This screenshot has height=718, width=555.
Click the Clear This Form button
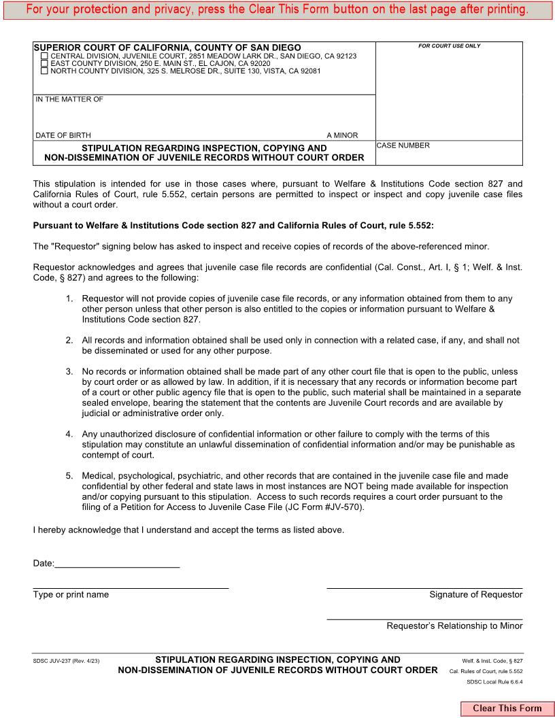[x=507, y=708]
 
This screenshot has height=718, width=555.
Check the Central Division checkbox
[x=45, y=56]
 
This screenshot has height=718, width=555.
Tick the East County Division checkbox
[x=45, y=63]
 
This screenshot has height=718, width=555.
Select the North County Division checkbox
[x=45, y=71]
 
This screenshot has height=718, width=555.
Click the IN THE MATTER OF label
[x=69, y=100]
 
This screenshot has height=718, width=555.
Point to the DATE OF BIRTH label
[x=63, y=135]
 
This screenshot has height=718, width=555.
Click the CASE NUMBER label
[x=403, y=146]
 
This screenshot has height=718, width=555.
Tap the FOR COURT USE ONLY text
[x=449, y=46]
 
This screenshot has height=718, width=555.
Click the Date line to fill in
[x=117, y=562]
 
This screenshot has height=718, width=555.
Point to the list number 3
[x=69, y=372]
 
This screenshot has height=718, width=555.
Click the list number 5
[x=69, y=476]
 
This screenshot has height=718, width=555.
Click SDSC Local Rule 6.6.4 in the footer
[x=494, y=682]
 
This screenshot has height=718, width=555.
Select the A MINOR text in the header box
[x=342, y=135]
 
